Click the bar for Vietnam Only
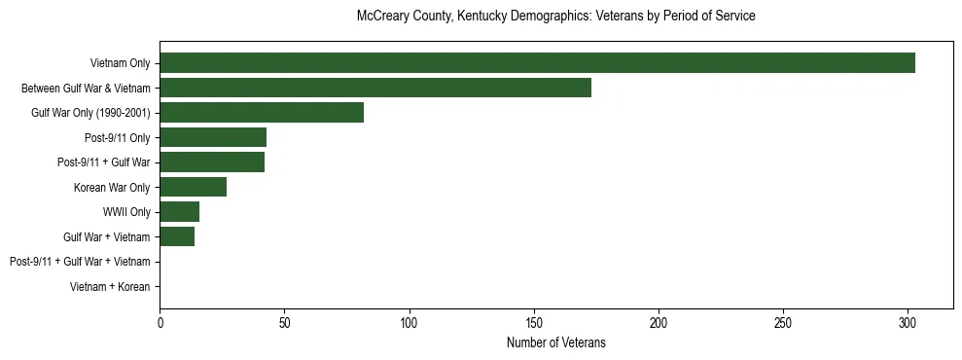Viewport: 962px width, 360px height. (537, 63)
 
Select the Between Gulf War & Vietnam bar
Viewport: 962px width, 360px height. (375, 88)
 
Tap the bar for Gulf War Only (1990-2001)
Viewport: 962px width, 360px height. (262, 113)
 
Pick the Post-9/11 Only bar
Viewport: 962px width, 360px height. (213, 137)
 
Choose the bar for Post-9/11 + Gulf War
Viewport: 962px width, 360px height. (212, 162)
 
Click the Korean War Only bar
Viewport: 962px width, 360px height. (194, 187)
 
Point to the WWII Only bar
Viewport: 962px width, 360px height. (180, 212)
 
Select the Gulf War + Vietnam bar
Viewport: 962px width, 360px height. (177, 236)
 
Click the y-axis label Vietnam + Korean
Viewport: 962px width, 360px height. (110, 287)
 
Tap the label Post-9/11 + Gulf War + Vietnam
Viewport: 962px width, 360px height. (80, 262)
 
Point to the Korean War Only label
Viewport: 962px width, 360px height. (112, 187)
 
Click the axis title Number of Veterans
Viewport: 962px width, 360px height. (555, 342)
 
